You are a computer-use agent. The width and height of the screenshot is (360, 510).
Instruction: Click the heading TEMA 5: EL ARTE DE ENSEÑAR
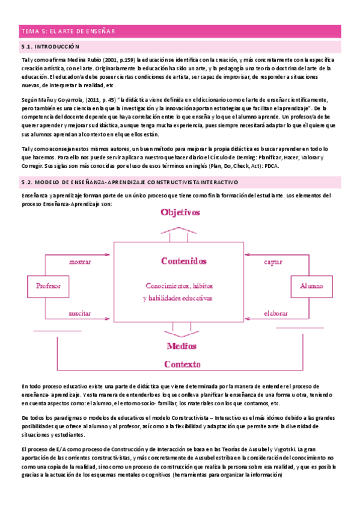point(68,31)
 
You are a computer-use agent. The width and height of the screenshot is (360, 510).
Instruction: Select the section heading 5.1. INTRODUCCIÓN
point(50,46)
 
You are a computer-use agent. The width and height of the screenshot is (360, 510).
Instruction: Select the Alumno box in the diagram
point(311,286)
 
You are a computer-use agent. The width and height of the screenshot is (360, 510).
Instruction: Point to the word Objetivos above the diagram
point(180,212)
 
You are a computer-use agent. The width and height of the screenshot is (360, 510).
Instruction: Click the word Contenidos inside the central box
point(184,261)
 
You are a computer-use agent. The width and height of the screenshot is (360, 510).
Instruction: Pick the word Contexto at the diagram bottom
point(185,364)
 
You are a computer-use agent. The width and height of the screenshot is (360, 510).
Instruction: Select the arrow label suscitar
point(80,313)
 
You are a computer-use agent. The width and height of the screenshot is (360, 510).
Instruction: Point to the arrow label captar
point(273,262)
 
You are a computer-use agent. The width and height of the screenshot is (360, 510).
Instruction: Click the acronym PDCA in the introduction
point(272,165)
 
